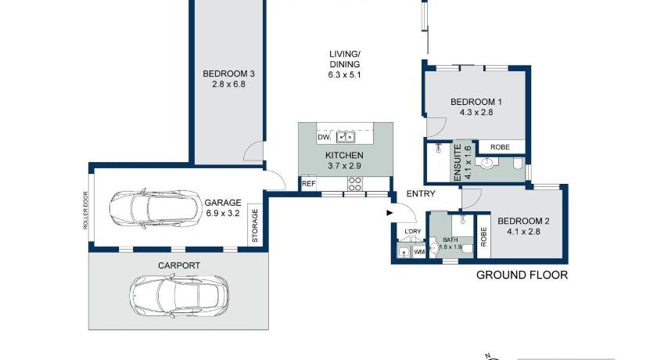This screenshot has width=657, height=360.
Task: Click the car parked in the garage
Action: pyautogui.click(x=156, y=208)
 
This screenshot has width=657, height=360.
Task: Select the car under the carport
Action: pyautogui.click(x=179, y=296)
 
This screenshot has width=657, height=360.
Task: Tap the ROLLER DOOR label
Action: pyautogui.click(x=85, y=211)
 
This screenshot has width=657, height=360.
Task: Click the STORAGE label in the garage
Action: pyautogui.click(x=255, y=225)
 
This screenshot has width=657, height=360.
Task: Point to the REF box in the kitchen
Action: pyautogui.click(x=308, y=184)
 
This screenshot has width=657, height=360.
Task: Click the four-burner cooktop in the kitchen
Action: pyautogui.click(x=354, y=184)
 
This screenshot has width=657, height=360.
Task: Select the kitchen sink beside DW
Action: pyautogui.click(x=346, y=137)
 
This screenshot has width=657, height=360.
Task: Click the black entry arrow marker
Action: pyautogui.click(x=390, y=213)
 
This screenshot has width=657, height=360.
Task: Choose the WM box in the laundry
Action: pyautogui.click(x=419, y=252)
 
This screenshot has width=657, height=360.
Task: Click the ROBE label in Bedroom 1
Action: pyautogui.click(x=500, y=147)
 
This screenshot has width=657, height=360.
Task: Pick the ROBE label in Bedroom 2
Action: pyautogui.click(x=483, y=236)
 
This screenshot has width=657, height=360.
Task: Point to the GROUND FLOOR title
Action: pyautogui.click(x=522, y=275)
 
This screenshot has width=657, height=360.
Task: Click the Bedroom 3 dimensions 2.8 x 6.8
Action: pyautogui.click(x=228, y=84)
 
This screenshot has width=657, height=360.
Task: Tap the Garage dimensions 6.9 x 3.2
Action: pyautogui.click(x=223, y=213)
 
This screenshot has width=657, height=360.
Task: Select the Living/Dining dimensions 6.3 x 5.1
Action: pyautogui.click(x=344, y=75)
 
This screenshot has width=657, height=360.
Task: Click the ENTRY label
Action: pyautogui.click(x=421, y=193)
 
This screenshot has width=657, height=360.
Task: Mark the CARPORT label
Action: pyautogui.click(x=179, y=265)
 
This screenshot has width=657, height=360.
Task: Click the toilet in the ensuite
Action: pyautogui.click(x=518, y=163)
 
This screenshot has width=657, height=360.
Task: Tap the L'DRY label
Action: pyautogui.click(x=413, y=232)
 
